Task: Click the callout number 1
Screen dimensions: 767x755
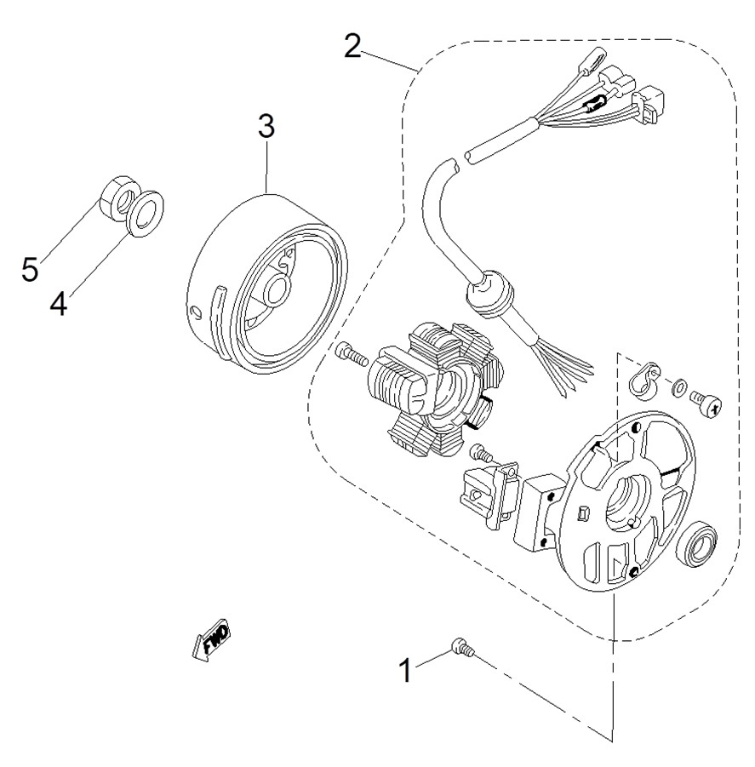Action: click(x=407, y=670)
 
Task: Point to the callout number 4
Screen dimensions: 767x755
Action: click(x=58, y=303)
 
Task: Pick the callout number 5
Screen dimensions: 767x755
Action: click(x=31, y=270)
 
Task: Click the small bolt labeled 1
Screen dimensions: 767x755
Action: click(x=461, y=648)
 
